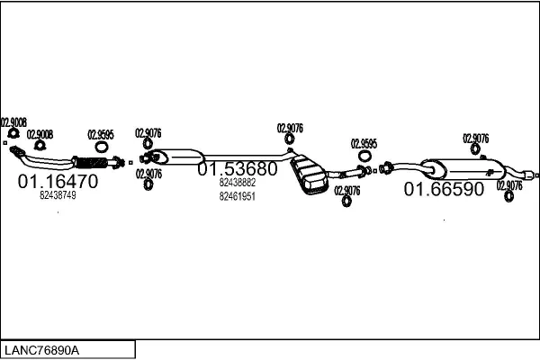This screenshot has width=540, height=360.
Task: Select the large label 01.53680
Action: (238, 169)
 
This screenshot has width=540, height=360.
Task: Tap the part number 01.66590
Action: (444, 189)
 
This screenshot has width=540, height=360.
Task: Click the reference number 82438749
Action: (58, 196)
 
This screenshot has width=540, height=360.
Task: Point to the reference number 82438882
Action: (238, 183)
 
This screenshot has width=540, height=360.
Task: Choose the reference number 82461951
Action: (238, 196)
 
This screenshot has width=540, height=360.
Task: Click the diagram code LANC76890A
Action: (41, 349)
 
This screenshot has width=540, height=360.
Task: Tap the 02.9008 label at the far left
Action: (13, 122)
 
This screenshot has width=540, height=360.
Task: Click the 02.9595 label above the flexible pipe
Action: (101, 135)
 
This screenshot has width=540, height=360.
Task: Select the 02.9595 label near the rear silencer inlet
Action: (364, 143)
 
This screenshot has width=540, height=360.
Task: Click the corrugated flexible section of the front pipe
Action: (89, 163)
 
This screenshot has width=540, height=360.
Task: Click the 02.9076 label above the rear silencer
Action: (476, 139)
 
